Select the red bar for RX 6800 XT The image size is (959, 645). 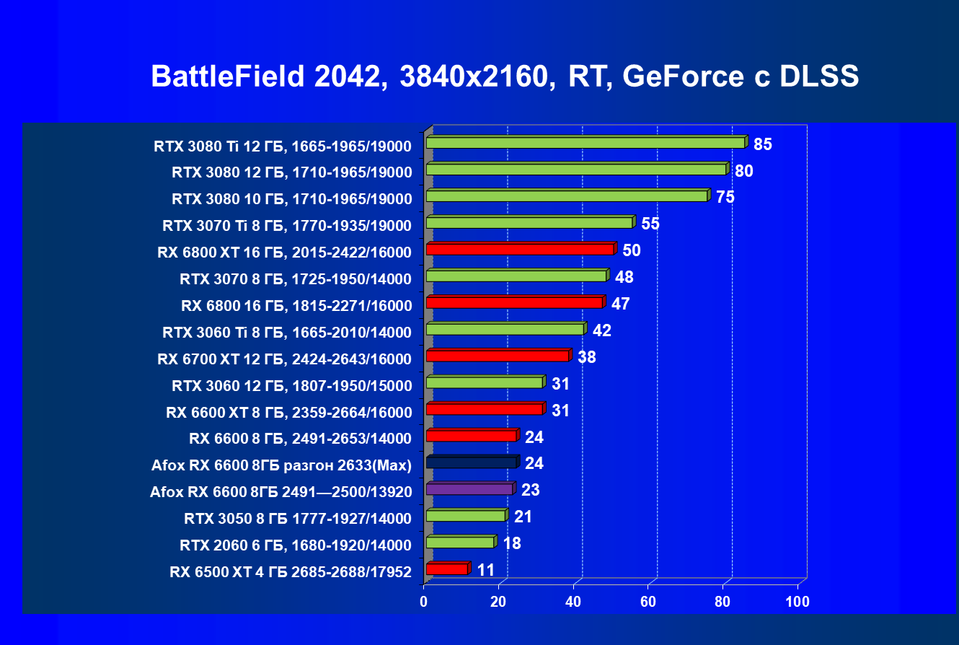pyautogui.click(x=520, y=249)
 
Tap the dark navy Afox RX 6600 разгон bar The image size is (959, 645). pyautogui.click(x=472, y=462)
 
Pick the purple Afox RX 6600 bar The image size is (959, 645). pyautogui.click(x=469, y=489)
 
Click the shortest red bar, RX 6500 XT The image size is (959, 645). pyautogui.click(x=447, y=569)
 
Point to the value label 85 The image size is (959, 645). pyautogui.click(x=763, y=144)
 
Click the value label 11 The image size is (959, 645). pyautogui.click(x=486, y=570)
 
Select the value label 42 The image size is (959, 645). pyautogui.click(x=602, y=330)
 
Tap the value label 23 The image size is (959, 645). pyautogui.click(x=531, y=490)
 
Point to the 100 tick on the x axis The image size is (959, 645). pyautogui.click(x=797, y=602)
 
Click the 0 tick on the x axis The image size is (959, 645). pyautogui.click(x=424, y=602)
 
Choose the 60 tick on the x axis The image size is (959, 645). pyautogui.click(x=648, y=602)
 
